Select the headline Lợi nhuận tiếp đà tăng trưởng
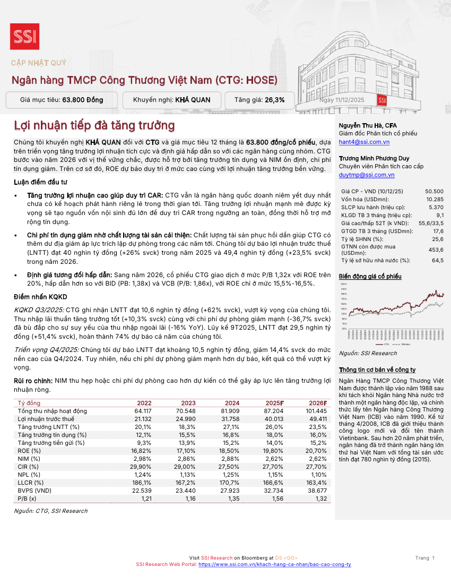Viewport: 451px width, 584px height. [x=94, y=126]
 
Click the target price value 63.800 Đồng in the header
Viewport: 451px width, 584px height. [x=83, y=100]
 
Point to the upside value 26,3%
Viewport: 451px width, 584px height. [x=274, y=100]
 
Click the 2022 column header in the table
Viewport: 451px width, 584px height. [x=144, y=403]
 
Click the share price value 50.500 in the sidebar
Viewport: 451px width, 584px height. [x=434, y=191]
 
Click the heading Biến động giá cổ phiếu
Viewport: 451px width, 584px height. [x=370, y=277]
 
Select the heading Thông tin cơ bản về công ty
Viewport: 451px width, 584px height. [x=377, y=370]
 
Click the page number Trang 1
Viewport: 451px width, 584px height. [x=425, y=557]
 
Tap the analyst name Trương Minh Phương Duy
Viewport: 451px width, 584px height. [x=374, y=158]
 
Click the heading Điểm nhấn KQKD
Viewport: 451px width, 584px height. [x=40, y=297]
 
